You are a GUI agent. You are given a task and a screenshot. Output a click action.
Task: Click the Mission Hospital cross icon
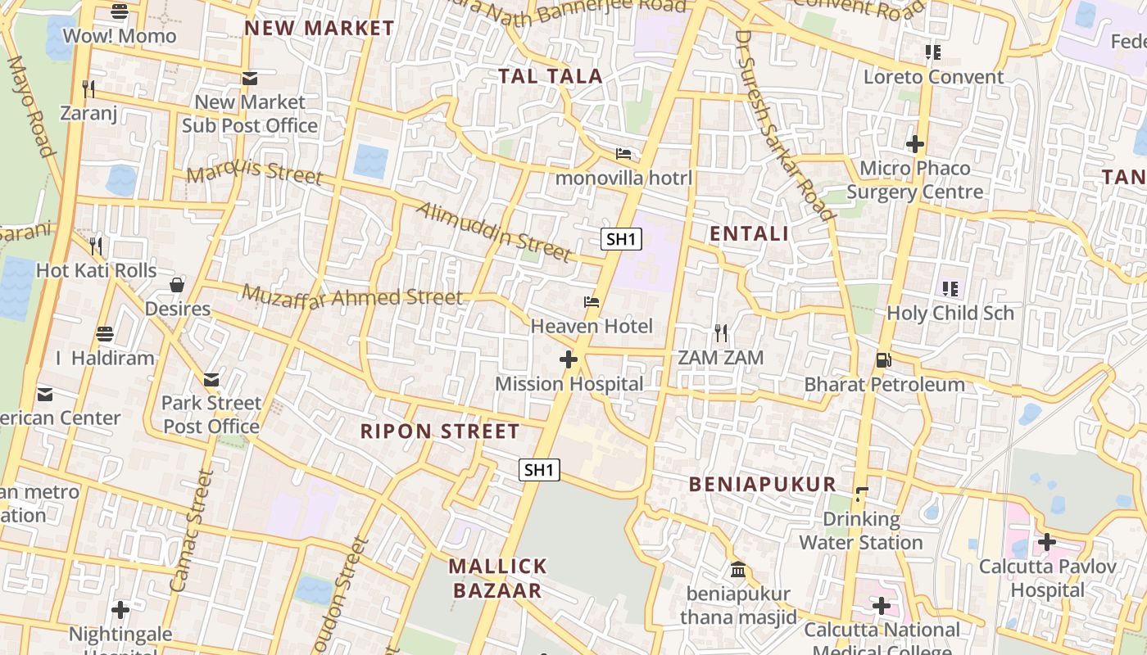click(x=568, y=359)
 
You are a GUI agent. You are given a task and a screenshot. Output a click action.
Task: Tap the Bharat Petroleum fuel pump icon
click(x=883, y=359)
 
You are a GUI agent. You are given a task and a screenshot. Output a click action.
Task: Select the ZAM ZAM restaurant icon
click(x=721, y=332)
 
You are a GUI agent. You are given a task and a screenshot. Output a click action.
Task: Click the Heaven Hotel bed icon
click(x=592, y=302)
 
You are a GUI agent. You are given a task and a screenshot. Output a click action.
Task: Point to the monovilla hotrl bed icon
click(x=623, y=154)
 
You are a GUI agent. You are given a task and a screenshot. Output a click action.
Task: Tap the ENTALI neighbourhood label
click(x=749, y=233)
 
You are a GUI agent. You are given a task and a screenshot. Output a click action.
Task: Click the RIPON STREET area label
click(x=440, y=431)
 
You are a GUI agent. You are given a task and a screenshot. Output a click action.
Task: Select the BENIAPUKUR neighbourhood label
click(x=762, y=484)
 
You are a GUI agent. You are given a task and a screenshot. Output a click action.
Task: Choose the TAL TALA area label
click(x=551, y=76)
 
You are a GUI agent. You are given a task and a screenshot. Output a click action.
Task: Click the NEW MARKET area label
click(x=320, y=28)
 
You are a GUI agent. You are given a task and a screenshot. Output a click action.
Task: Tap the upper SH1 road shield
click(x=621, y=239)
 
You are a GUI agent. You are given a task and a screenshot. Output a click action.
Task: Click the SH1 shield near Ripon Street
click(x=539, y=470)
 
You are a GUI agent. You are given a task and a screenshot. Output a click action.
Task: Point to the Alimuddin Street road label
click(x=493, y=232)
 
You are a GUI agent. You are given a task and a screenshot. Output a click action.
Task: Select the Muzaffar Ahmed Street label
click(x=352, y=296)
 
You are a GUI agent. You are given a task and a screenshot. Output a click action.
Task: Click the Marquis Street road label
click(x=255, y=174)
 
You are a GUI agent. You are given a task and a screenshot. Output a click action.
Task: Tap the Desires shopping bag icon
click(x=177, y=285)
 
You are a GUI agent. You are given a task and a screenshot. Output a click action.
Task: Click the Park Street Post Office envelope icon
click(x=211, y=379)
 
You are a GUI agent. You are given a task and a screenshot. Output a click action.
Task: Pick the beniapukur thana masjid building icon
click(x=738, y=569)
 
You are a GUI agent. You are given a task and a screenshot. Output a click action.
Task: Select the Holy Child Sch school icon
click(x=950, y=288)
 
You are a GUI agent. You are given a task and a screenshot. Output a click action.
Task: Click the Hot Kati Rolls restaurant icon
click(x=96, y=245)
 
